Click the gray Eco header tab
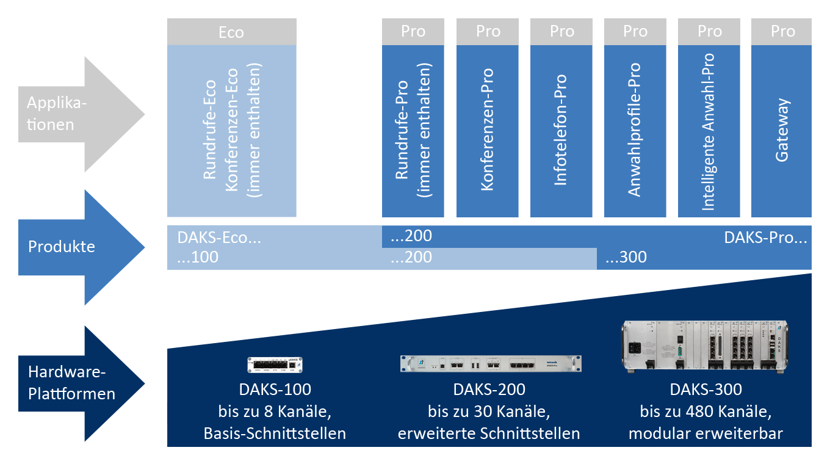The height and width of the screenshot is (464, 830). pyautogui.click(x=231, y=32)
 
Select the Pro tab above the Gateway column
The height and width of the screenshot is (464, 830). pyautogui.click(x=782, y=32)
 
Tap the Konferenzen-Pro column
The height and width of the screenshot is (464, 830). pyautogui.click(x=487, y=131)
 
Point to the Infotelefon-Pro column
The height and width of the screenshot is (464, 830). pyautogui.click(x=561, y=131)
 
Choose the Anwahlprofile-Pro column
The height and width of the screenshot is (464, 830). pyautogui.click(x=635, y=131)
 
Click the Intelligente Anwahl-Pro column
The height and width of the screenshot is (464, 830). pyautogui.click(x=709, y=131)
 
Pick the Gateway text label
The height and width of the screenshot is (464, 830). pyautogui.click(x=782, y=131)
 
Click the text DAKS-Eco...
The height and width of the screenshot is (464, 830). pyautogui.click(x=219, y=237)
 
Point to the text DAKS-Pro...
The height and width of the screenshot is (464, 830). pyautogui.click(x=765, y=237)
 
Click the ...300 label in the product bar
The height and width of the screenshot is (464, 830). pyautogui.click(x=626, y=258)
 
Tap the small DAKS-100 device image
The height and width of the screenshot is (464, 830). pyautogui.click(x=275, y=364)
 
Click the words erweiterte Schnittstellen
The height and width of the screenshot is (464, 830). pyautogui.click(x=489, y=434)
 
